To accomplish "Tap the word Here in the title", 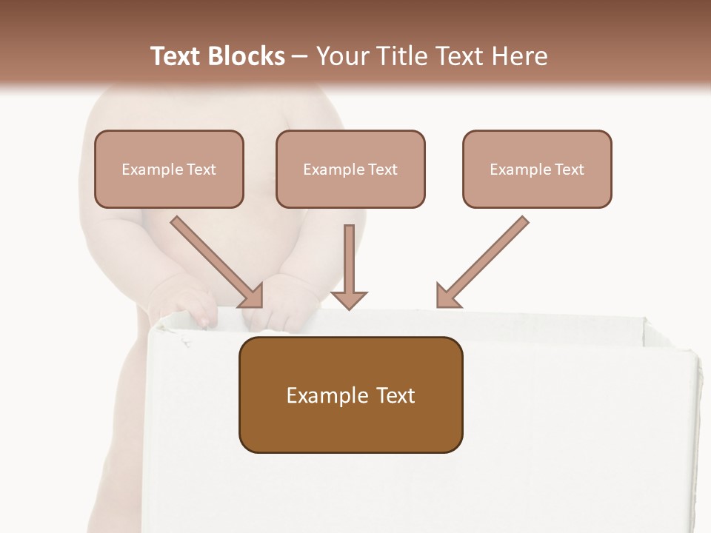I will [519, 56].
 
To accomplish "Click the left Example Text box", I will [169, 169].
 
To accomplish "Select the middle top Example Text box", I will [350, 169].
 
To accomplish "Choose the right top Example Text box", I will [537, 169].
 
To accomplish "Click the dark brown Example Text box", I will [350, 395].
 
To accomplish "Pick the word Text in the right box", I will [569, 170].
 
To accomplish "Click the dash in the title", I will [300, 57].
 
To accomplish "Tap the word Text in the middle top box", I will [382, 170].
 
